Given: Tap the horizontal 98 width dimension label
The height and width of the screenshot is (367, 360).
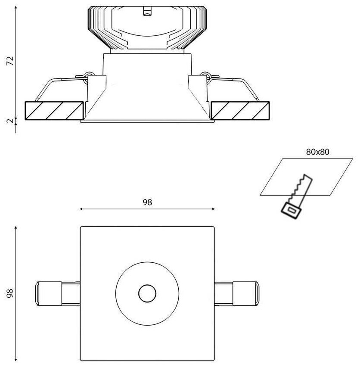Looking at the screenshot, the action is point(148,202).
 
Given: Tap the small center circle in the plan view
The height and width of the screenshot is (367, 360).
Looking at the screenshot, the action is point(147,294).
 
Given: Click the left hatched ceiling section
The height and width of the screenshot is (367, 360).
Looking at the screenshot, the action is point(54,111).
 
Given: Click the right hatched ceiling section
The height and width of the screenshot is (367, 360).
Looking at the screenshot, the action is point(240,111).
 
